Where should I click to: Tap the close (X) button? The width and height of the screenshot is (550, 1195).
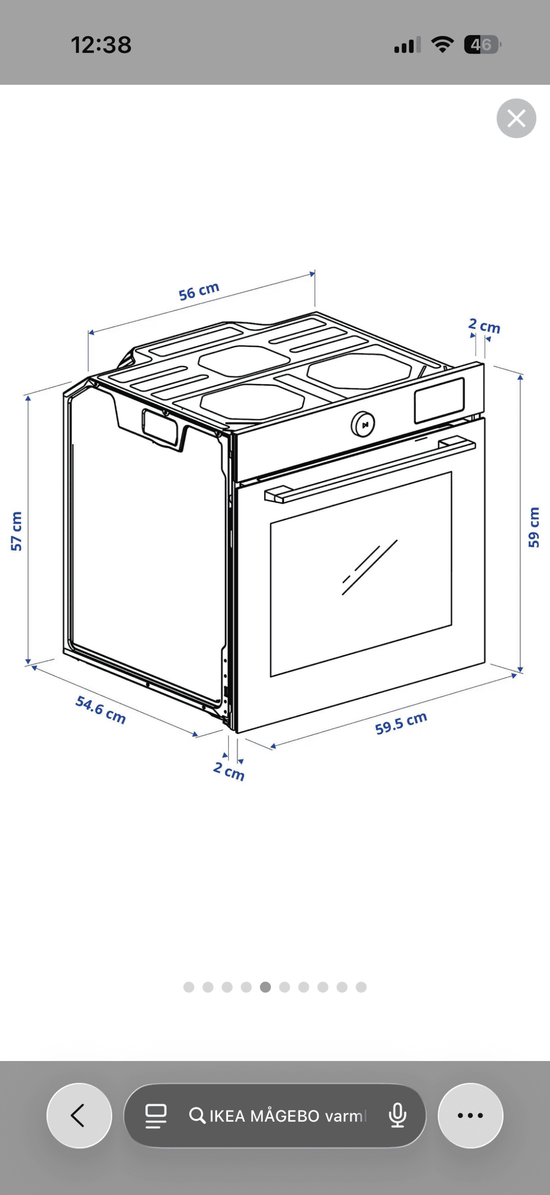516,118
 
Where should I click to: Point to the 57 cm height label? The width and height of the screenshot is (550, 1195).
16,531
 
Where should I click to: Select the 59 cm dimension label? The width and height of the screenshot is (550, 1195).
533,527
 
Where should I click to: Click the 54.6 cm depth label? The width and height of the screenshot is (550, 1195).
100,709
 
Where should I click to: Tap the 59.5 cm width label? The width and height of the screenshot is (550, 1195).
401,723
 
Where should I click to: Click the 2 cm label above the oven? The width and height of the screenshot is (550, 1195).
484,325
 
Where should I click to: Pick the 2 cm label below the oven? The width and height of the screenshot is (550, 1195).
229,771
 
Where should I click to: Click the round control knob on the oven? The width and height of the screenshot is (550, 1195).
363,424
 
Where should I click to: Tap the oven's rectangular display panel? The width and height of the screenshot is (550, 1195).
439,400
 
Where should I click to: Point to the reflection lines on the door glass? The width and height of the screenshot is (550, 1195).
370,567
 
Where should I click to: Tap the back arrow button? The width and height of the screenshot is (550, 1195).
79,1115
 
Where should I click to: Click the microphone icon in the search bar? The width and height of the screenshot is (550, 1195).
397,1115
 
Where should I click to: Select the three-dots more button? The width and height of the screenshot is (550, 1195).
470,1115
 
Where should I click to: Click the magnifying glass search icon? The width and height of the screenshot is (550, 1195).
197,1115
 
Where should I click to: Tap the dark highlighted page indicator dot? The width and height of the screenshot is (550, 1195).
265,987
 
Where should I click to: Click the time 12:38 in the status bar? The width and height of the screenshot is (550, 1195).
101,45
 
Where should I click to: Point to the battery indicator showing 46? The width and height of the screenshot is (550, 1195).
482,45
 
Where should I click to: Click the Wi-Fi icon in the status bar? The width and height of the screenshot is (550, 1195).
442,44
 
